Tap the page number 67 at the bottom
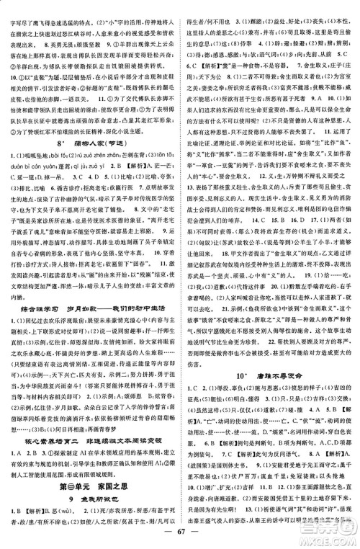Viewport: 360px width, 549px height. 180,535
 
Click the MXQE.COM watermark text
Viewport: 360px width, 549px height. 328,535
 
